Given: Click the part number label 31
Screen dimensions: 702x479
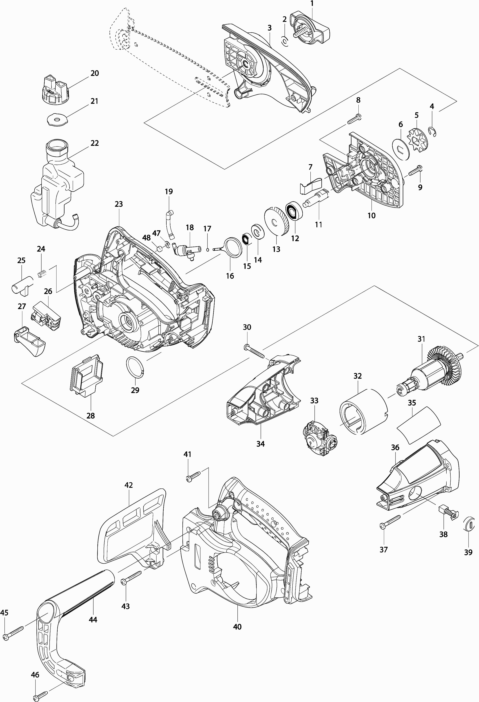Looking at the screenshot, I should (421, 339).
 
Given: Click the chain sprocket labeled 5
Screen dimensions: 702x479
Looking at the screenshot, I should (416, 140).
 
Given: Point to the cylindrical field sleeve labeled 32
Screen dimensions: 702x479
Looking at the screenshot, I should (363, 411).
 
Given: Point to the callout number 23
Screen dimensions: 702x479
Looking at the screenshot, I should (119, 204).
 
